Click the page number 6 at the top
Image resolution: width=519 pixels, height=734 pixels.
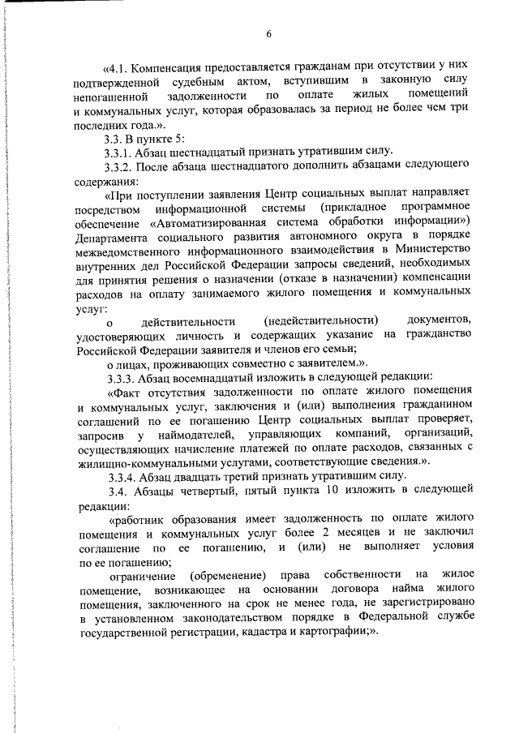pos(268,32)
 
